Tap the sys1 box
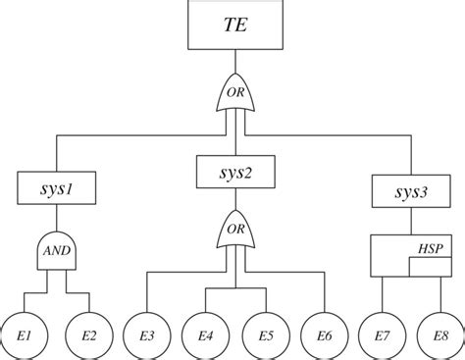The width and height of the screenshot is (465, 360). coord(57,186)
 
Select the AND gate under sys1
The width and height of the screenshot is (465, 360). coord(56,251)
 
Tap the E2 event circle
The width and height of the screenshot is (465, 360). coord(88,335)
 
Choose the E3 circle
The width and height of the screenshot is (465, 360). coord(147,335)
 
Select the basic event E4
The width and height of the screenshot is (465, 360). coord(205,335)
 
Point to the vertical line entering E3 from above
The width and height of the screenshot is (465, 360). coord(147,294)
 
